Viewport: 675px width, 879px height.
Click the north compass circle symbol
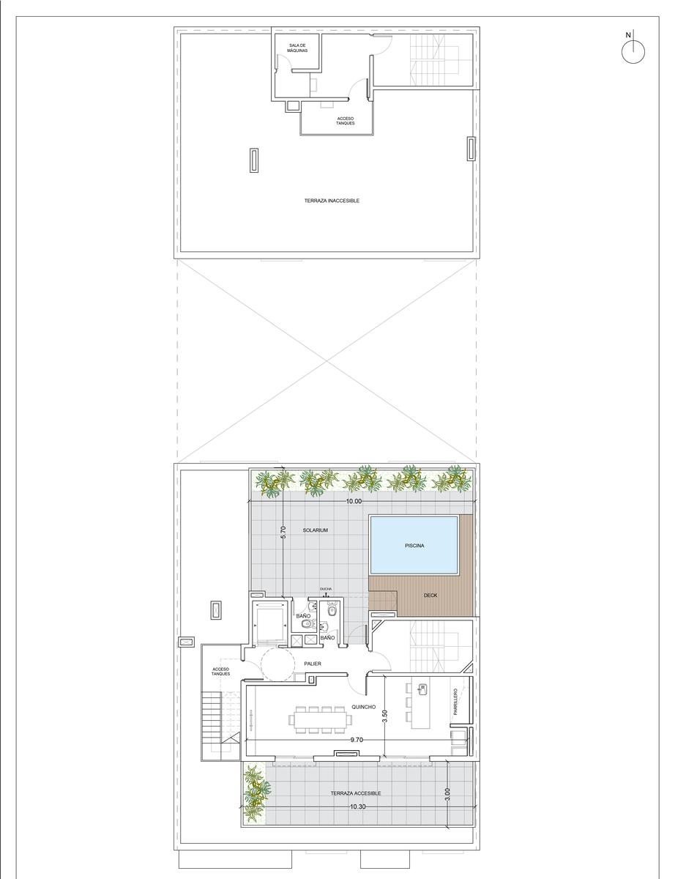tap(633, 52)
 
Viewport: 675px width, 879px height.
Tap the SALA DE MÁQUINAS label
tap(297, 48)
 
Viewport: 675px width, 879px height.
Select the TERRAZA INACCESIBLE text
tap(332, 201)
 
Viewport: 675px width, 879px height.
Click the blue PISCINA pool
tap(414, 546)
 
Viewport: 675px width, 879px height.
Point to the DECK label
tap(430, 595)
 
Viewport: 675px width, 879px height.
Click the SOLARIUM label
tap(316, 530)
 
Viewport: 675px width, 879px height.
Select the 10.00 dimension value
tap(354, 501)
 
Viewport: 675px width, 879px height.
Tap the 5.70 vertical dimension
tap(283, 532)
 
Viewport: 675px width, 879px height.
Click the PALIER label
tap(313, 664)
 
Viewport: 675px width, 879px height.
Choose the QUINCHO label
tap(363, 707)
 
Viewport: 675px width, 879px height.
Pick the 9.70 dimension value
tap(357, 740)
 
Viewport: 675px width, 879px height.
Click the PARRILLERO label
tap(455, 702)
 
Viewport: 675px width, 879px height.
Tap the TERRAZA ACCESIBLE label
tap(356, 793)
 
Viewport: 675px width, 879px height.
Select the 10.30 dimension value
tap(358, 806)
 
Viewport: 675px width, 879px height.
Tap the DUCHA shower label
tap(326, 589)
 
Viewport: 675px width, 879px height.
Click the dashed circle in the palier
tap(277, 664)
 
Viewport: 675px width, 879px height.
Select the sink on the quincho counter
tap(423, 688)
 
